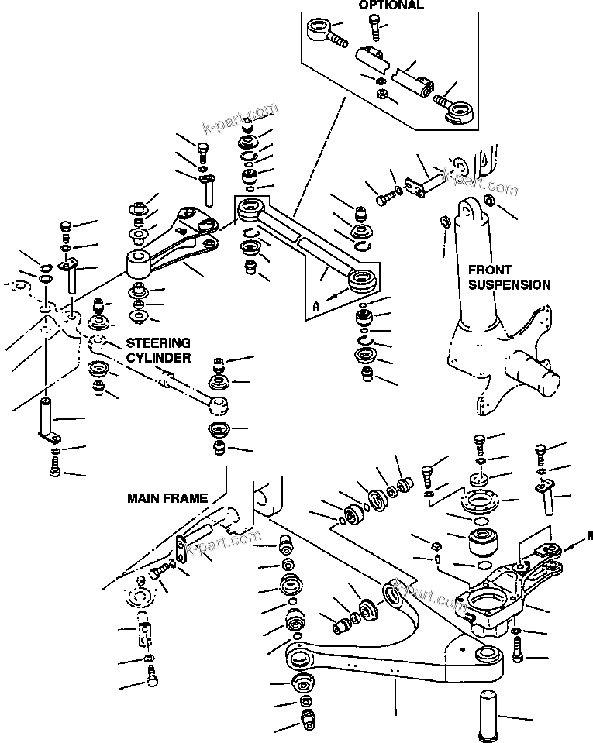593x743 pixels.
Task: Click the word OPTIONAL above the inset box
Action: click(391, 5)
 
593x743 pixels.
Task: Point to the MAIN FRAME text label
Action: click(167, 499)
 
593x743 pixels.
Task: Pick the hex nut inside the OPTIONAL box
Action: click(381, 95)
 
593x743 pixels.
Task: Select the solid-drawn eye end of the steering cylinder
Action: click(219, 403)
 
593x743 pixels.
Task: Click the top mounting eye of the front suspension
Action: click(471, 210)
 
